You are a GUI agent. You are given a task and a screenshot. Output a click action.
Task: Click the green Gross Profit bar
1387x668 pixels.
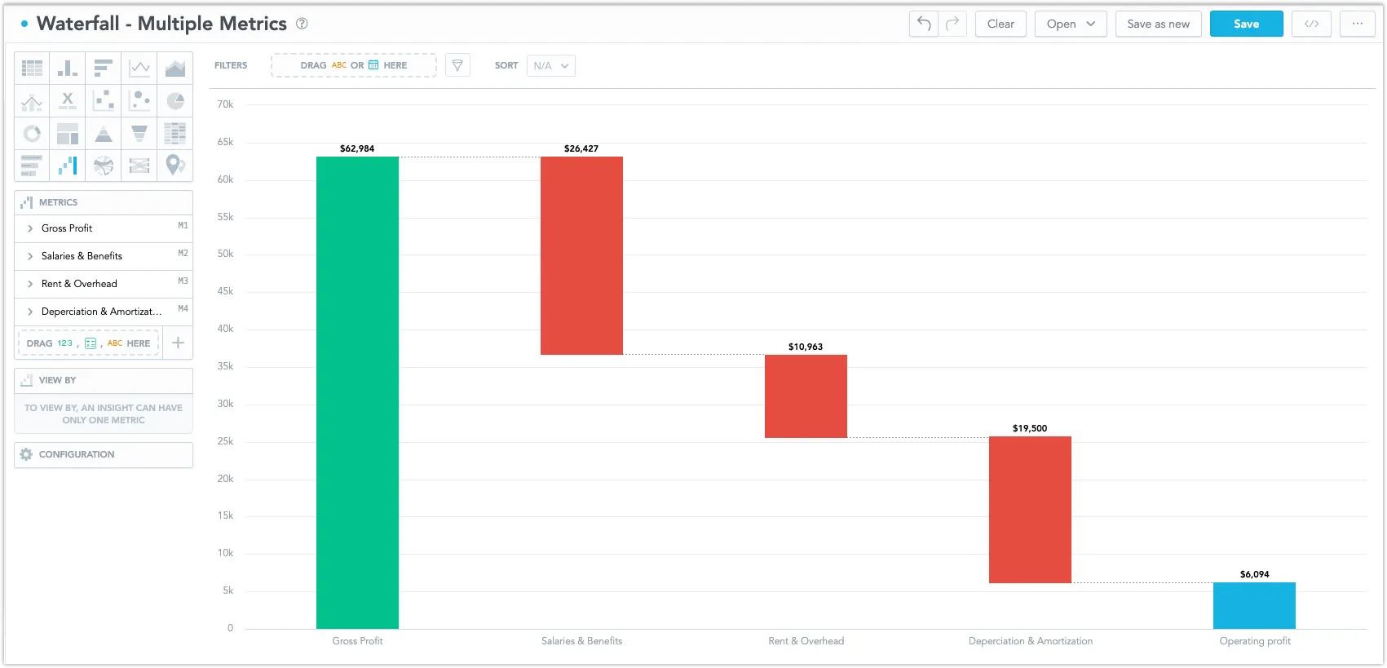pyautogui.click(x=357, y=392)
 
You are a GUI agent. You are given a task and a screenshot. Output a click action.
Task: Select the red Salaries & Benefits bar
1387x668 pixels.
pyautogui.click(x=581, y=255)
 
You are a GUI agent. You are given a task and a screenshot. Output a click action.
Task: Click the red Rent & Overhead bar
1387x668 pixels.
pyautogui.click(x=806, y=396)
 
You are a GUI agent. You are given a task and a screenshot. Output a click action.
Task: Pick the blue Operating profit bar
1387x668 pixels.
pyautogui.click(x=1254, y=605)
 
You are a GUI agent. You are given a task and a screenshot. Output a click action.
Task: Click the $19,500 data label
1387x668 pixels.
pyautogui.click(x=1030, y=428)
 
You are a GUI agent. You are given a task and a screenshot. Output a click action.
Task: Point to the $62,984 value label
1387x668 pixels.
pyautogui.click(x=357, y=148)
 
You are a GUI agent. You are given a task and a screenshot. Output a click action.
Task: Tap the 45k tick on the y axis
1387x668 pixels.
pyautogui.click(x=225, y=291)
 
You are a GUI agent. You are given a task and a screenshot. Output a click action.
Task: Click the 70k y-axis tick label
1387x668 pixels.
pyautogui.click(x=225, y=104)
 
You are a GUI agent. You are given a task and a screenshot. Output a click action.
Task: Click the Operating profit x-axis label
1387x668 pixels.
pyautogui.click(x=1255, y=641)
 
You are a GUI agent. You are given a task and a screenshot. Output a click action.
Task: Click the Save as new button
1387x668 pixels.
pyautogui.click(x=1158, y=24)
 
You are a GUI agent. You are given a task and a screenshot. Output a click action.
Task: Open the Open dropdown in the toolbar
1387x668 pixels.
pyautogui.click(x=1071, y=24)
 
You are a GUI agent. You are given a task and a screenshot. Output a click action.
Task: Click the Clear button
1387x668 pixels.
pyautogui.click(x=1000, y=24)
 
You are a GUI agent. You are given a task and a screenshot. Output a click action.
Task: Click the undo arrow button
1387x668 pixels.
pyautogui.click(x=924, y=24)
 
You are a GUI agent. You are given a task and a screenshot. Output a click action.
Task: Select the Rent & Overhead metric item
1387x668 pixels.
pyautogui.click(x=79, y=284)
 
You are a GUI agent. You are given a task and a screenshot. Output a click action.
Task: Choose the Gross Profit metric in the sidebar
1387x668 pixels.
pyautogui.click(x=67, y=228)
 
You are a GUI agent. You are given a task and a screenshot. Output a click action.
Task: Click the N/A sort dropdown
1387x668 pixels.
pyautogui.click(x=551, y=65)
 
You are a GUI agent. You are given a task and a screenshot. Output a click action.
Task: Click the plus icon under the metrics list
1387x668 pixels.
pyautogui.click(x=178, y=343)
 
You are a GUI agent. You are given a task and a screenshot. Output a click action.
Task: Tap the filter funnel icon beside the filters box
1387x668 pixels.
pyautogui.click(x=457, y=65)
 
